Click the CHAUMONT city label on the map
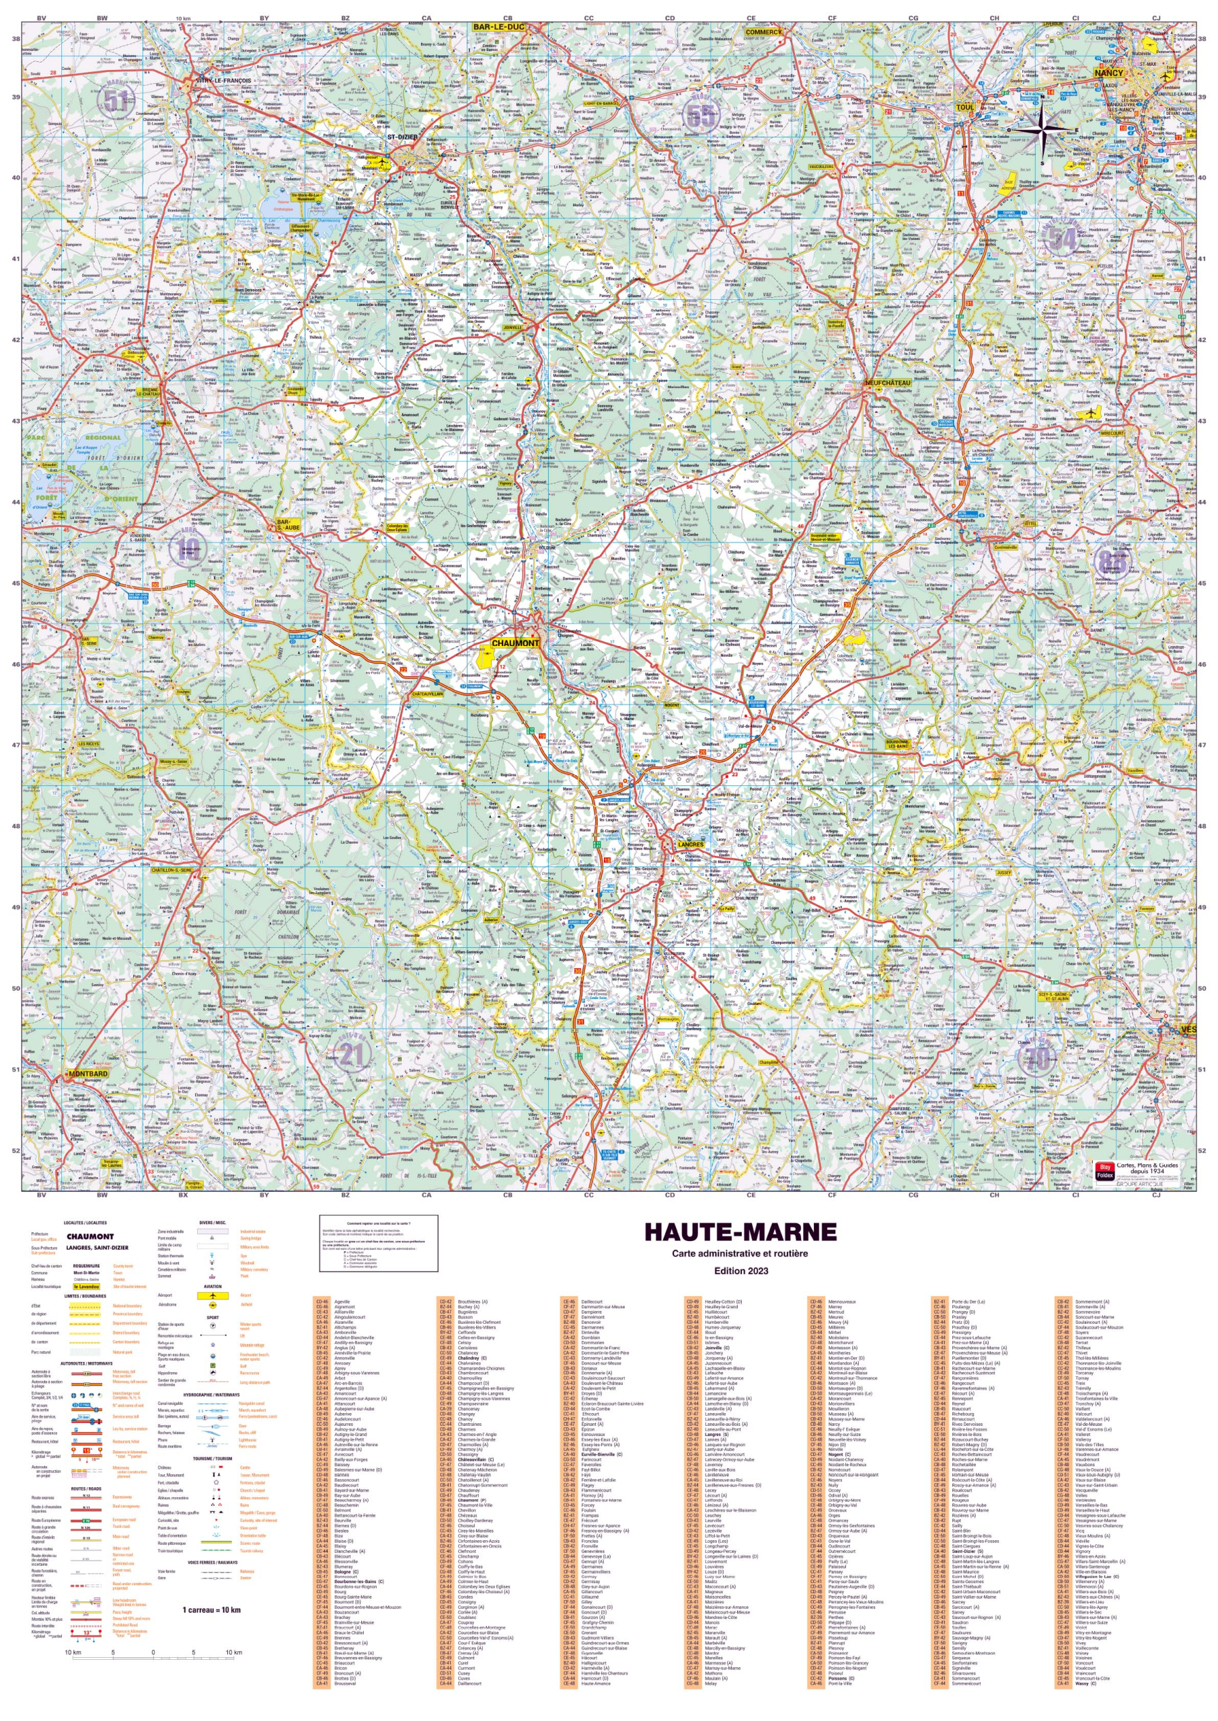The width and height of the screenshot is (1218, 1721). [x=515, y=643]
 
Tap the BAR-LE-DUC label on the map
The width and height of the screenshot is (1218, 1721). [x=499, y=27]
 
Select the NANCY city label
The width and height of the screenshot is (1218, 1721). [x=1108, y=73]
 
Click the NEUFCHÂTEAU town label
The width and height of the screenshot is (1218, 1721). [x=888, y=383]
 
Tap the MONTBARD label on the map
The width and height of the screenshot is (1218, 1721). [x=87, y=1074]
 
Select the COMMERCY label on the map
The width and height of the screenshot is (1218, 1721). [x=763, y=32]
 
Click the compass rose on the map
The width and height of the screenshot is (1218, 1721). [x=1041, y=130]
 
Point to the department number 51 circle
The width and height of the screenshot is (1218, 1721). [x=116, y=100]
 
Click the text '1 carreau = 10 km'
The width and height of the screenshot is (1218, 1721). [x=211, y=1609]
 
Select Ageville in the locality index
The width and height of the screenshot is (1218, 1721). [x=342, y=1323]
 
